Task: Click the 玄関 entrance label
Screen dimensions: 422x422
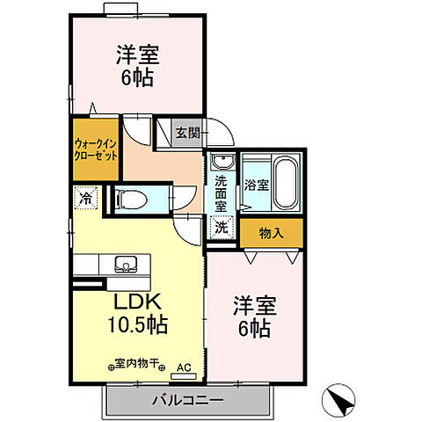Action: click(186, 134)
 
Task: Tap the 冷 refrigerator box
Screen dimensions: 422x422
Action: click(84, 198)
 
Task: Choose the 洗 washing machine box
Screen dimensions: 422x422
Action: click(222, 225)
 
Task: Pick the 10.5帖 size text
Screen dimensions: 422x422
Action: click(138, 324)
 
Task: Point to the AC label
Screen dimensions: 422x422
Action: click(183, 367)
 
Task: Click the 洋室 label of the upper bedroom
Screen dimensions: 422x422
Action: click(136, 55)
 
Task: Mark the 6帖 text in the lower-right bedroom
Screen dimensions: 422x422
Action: click(255, 331)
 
